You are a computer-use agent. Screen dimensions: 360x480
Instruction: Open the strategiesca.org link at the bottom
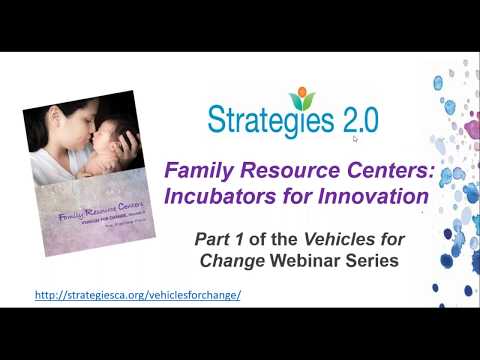point(138,296)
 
